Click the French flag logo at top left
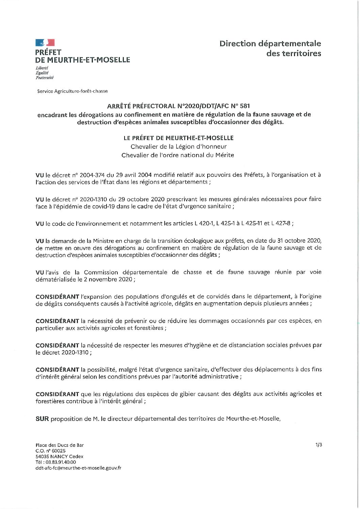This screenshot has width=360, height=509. [45, 43]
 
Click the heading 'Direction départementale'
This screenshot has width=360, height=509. [270, 44]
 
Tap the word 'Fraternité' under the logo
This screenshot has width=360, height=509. [45, 78]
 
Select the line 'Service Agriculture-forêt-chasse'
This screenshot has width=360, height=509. [72, 91]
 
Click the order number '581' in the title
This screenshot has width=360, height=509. [244, 106]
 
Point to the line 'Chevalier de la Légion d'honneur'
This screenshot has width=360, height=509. [178, 147]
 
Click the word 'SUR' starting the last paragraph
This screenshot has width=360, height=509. [42, 419]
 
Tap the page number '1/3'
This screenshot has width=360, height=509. [318, 444]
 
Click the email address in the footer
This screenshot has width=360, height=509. [78, 468]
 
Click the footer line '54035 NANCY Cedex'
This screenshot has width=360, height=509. [60, 456]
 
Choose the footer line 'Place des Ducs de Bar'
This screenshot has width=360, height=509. [60, 445]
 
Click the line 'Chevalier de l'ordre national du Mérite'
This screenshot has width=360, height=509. [178, 155]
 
